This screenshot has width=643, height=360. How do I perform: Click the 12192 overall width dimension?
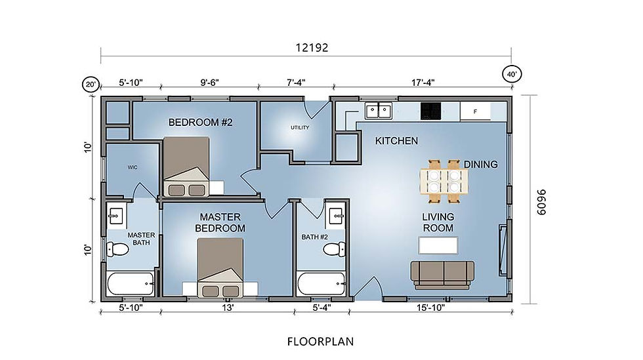coord(310,47)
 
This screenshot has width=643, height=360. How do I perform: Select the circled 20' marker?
coord(91,85)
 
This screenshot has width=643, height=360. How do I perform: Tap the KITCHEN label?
coord(396,141)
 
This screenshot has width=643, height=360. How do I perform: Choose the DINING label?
coord(480,164)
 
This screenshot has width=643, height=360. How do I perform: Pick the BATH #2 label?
coord(314,237)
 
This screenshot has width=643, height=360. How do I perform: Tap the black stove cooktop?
coord(430,111)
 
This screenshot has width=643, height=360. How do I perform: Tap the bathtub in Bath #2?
coord(321,285)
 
